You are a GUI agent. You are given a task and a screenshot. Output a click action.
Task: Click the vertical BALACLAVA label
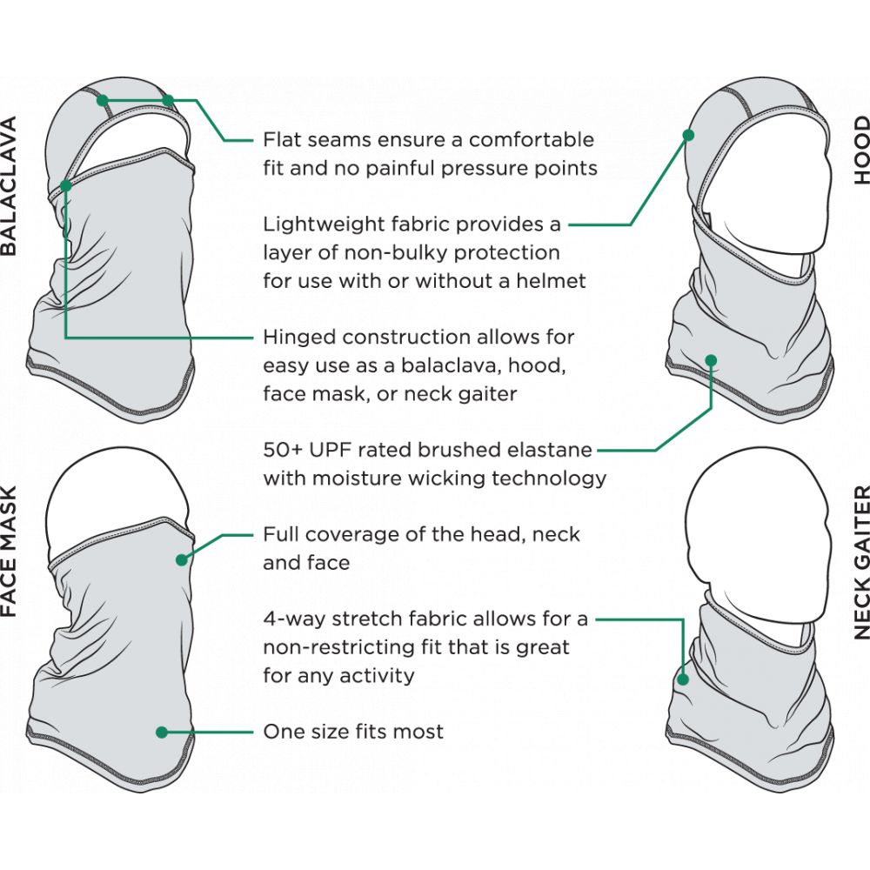pyautogui.click(x=10, y=186)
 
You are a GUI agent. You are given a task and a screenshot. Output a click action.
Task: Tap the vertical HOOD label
pyautogui.click(x=861, y=150)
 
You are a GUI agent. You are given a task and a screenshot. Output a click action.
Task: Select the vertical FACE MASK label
pyautogui.click(x=10, y=551)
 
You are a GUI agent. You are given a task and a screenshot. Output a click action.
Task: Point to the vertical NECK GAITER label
pyautogui.click(x=861, y=562)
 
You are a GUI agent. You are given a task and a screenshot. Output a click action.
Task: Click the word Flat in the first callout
pyautogui.click(x=281, y=139)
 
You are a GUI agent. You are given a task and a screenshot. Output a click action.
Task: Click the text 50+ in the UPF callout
pyautogui.click(x=282, y=450)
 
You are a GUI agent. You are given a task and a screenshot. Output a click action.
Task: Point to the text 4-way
pyautogui.click(x=293, y=619)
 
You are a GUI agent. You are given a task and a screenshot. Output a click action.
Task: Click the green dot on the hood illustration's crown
pyautogui.click(x=688, y=135)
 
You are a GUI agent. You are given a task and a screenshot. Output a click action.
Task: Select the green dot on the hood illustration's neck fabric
pyautogui.click(x=711, y=361)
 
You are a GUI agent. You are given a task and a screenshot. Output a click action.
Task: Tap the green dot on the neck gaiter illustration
pyautogui.click(x=683, y=679)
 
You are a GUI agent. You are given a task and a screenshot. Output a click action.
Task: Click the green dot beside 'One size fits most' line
pyautogui.click(x=162, y=733)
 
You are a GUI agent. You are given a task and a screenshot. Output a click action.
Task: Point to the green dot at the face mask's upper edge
pyautogui.click(x=182, y=559)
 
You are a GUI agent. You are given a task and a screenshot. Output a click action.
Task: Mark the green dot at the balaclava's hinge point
pyautogui.click(x=65, y=186)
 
